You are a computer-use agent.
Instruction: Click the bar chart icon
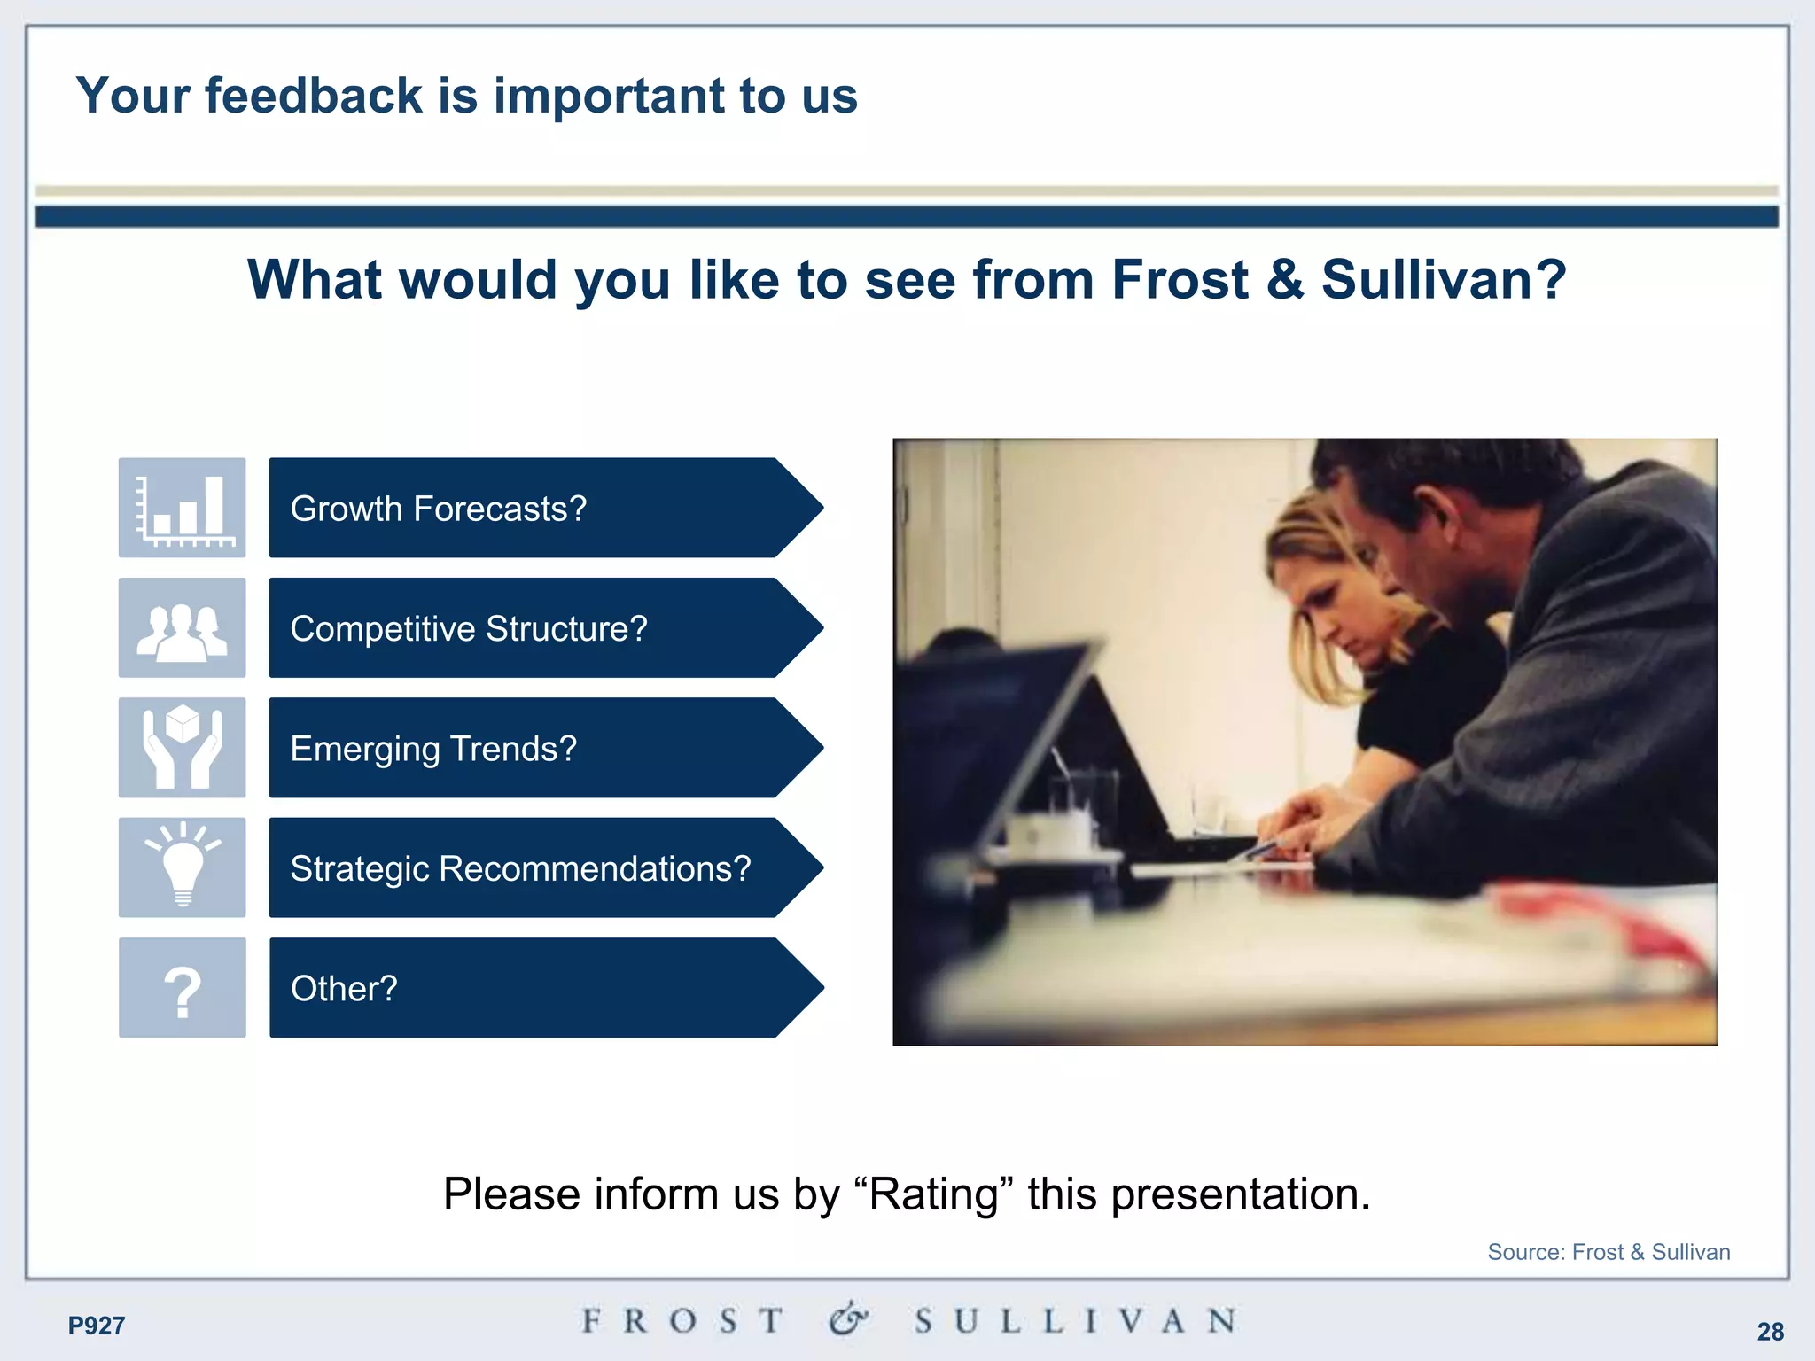pyautogui.click(x=183, y=508)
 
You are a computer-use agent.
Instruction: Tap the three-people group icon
pyautogui.click(x=183, y=628)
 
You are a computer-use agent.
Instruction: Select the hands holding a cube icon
pyautogui.click(x=183, y=748)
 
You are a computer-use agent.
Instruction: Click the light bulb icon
pyautogui.click(x=183, y=868)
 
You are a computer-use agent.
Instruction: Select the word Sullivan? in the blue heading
pyautogui.click(x=1444, y=280)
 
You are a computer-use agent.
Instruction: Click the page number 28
pyautogui.click(x=1770, y=1331)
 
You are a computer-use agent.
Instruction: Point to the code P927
pyautogui.click(x=97, y=1326)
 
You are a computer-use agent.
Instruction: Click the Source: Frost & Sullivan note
pyautogui.click(x=1608, y=1252)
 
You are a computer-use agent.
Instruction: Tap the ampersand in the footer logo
pyautogui.click(x=848, y=1319)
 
